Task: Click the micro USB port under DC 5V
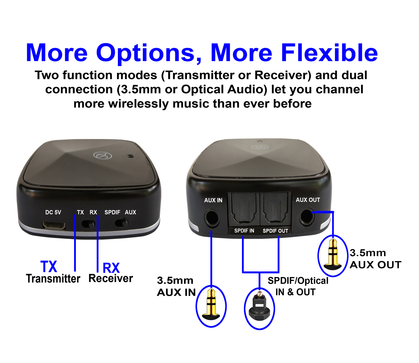[54, 225]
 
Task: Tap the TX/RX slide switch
[88, 224]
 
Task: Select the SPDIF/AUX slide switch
[122, 223]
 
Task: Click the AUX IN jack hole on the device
[211, 218]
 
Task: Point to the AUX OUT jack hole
[307, 217]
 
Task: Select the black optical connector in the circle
[260, 309]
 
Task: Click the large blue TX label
[49, 266]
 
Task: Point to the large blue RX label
[111, 268]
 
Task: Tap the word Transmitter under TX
[53, 279]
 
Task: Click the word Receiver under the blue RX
[111, 278]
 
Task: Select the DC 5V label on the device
[53, 212]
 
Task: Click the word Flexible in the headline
[329, 53]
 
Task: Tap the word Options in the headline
[146, 53]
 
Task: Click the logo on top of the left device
[103, 155]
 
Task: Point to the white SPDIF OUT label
[275, 231]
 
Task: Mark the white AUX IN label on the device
[213, 200]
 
